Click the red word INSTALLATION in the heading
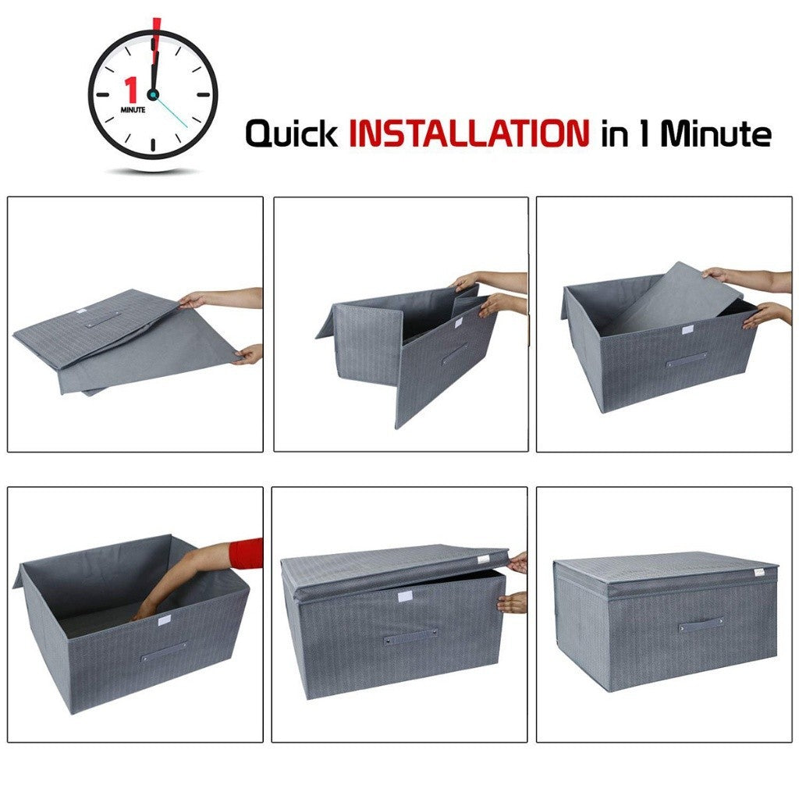[469, 133]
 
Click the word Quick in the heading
[292, 133]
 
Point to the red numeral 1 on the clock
[132, 90]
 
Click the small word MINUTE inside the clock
[133, 109]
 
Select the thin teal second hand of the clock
[171, 112]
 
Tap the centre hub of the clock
[152, 94]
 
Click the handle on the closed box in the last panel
[701, 624]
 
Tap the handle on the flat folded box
[103, 319]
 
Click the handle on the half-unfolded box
[455, 353]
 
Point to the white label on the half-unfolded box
[458, 322]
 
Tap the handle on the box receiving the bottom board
[687, 359]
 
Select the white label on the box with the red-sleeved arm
[165, 620]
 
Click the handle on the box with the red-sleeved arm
[164, 651]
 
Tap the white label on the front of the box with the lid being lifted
[407, 598]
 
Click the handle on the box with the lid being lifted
[410, 637]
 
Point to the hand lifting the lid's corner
[519, 562]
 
